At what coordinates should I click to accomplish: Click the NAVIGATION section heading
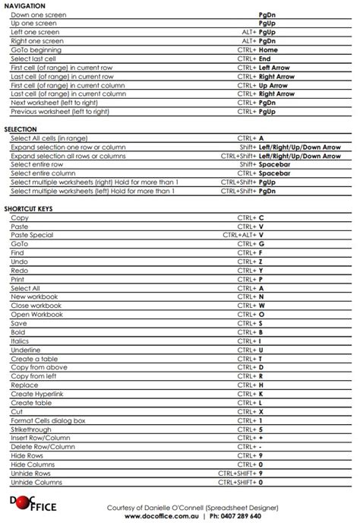(24, 5)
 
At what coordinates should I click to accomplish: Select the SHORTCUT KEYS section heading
(28, 208)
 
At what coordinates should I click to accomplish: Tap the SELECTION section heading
(21, 130)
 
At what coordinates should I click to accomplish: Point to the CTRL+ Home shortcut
(257, 50)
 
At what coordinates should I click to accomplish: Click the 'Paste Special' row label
(32, 235)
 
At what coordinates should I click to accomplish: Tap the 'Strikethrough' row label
(32, 429)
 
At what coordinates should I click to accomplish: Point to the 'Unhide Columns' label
(36, 482)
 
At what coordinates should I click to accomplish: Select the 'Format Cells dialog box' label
(48, 420)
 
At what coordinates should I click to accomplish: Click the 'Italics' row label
(21, 341)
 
